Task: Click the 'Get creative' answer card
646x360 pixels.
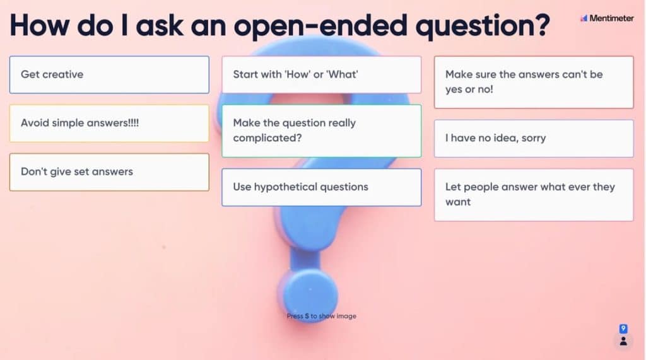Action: point(109,74)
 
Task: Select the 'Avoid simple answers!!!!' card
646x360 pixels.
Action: point(109,123)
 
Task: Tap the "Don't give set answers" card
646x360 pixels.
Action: point(109,171)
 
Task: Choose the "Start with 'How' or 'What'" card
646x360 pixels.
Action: point(321,74)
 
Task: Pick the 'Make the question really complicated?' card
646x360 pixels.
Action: point(321,131)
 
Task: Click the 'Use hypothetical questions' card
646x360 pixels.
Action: point(321,187)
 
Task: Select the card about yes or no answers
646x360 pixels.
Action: point(533,82)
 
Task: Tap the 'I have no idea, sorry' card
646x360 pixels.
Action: point(533,138)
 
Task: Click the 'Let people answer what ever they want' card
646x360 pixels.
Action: point(533,194)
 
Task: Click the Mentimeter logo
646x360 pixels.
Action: point(607,18)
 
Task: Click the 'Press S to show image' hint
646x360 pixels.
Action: point(321,316)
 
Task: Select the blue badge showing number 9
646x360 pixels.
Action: point(623,328)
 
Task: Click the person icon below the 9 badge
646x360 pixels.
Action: point(623,341)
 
